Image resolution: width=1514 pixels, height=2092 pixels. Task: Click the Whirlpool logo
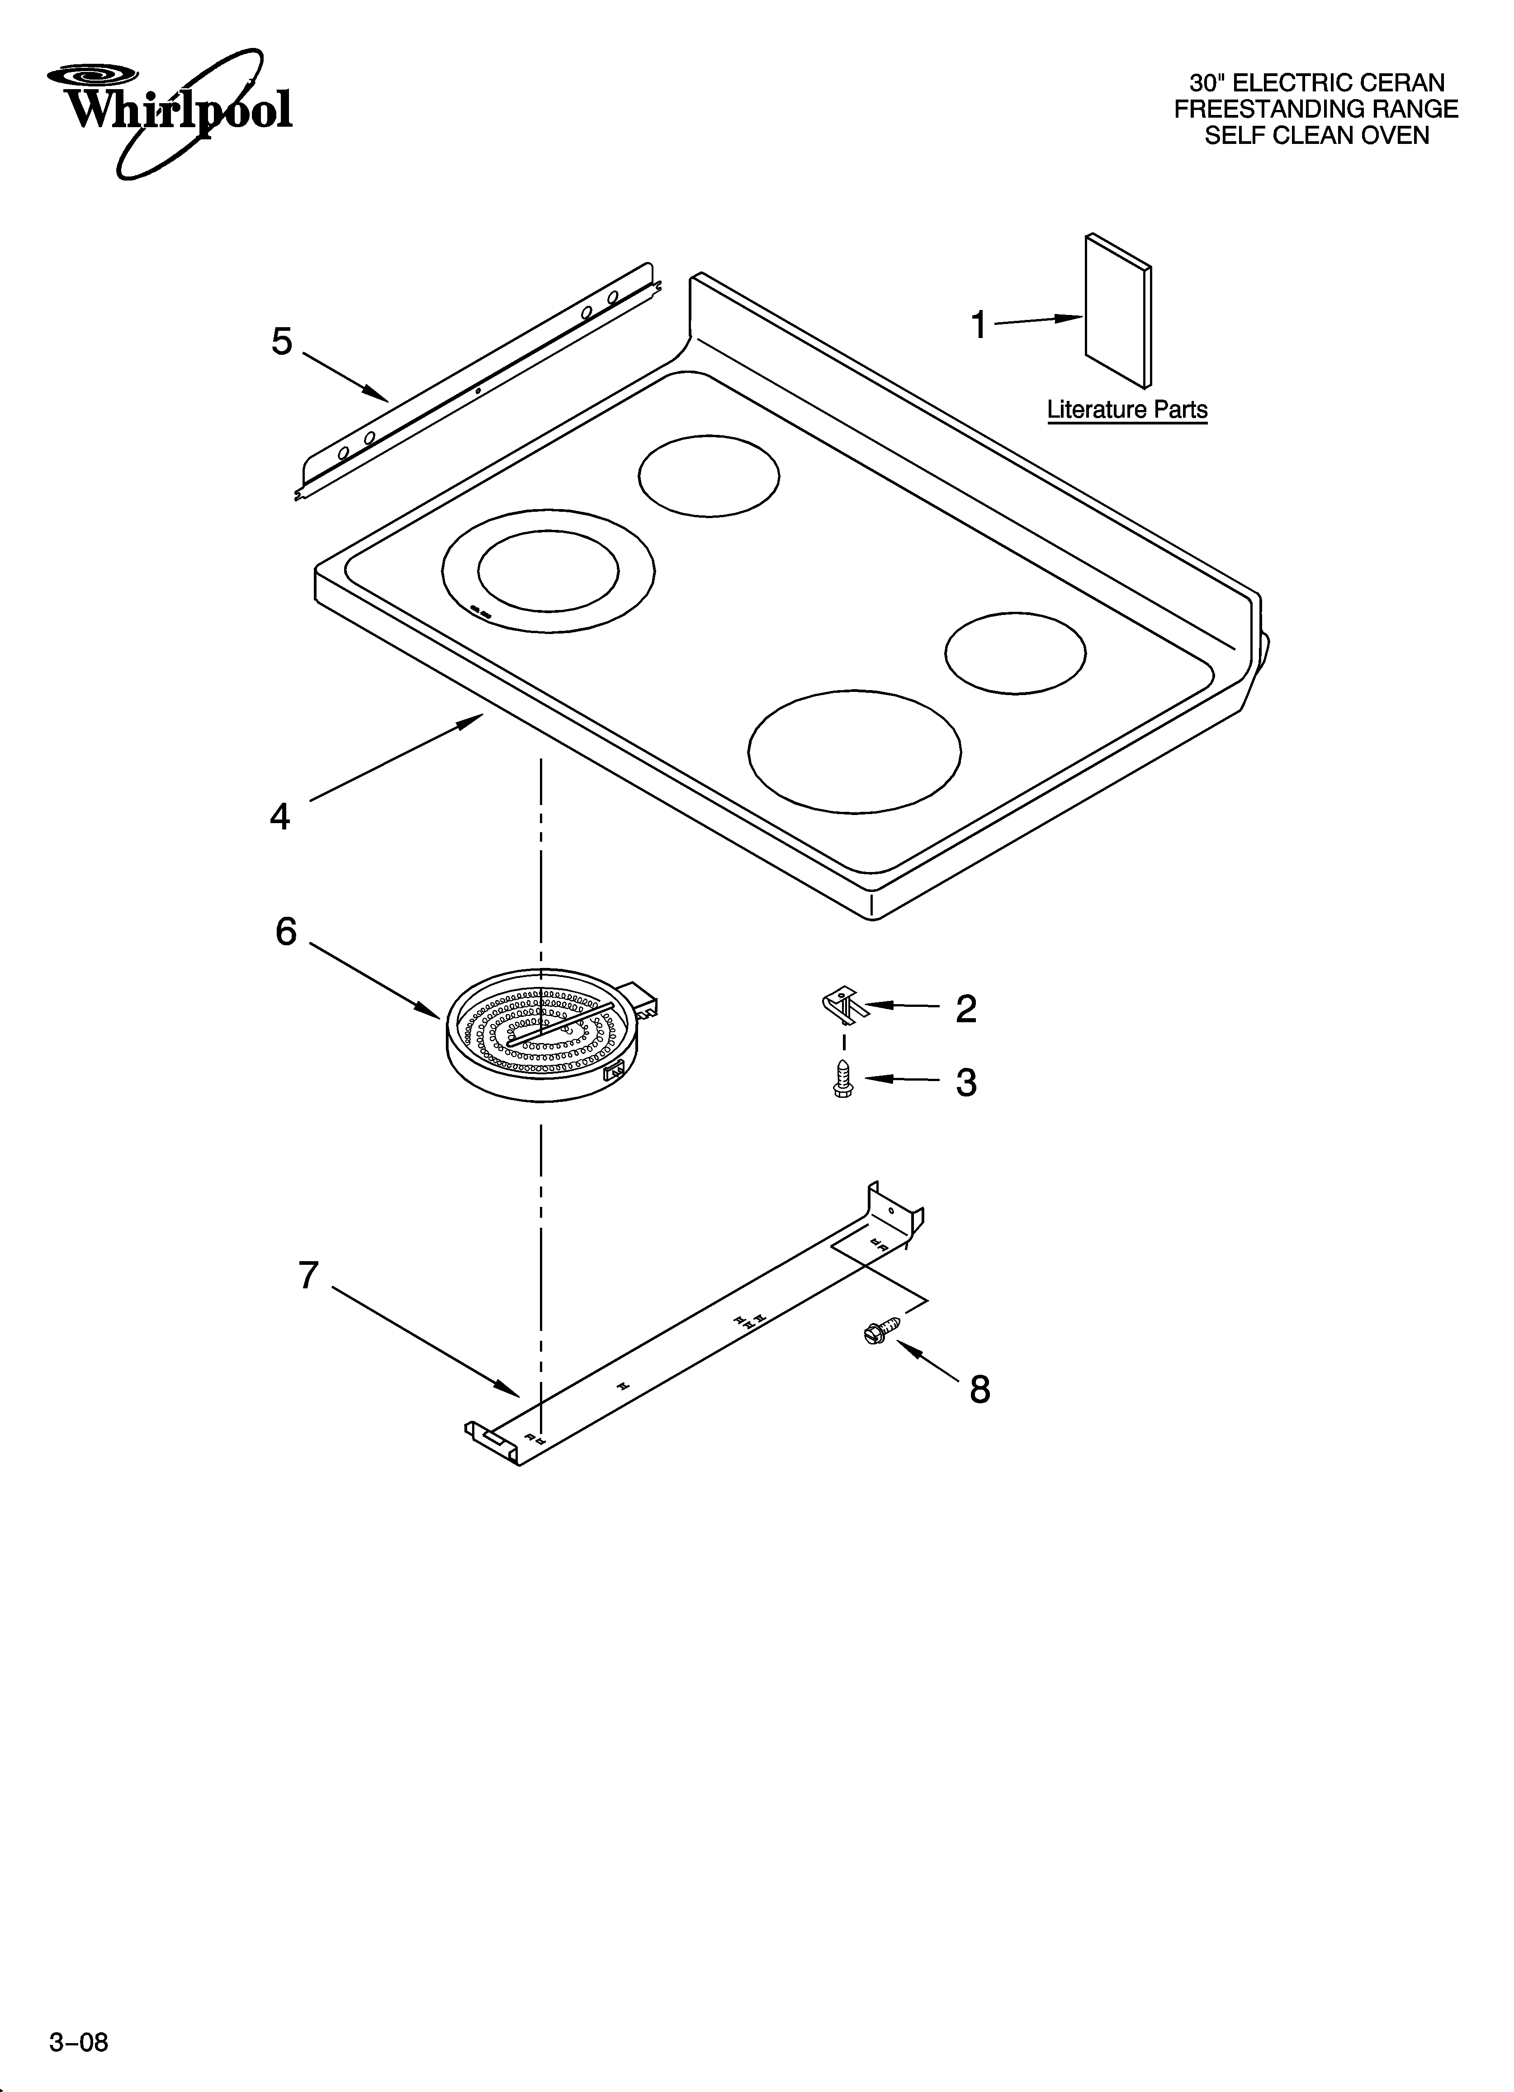pos(170,111)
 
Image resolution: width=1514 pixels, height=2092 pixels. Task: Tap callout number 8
pos(979,1389)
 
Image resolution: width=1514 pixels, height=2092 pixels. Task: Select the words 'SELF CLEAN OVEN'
pos(1317,136)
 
